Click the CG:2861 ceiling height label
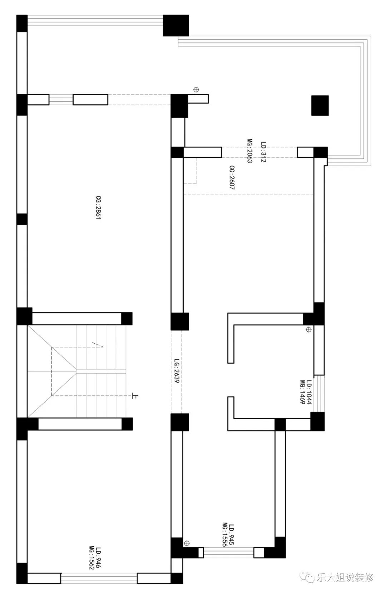[98, 207]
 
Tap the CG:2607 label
[232, 178]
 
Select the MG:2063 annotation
[250, 151]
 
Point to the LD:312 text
[263, 152]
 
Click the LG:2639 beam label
[177, 371]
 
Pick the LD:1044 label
[309, 392]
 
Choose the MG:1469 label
[303, 392]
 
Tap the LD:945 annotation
[231, 534]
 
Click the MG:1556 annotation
[225, 534]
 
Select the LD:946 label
[99, 557]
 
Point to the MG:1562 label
[92, 557]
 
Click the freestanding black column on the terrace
[320, 106]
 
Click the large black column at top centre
[176, 25]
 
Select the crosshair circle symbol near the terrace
[196, 90]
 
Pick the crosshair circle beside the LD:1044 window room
[309, 330]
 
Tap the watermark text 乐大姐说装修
[345, 577]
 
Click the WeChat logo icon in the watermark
[308, 577]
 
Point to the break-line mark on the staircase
[98, 345]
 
